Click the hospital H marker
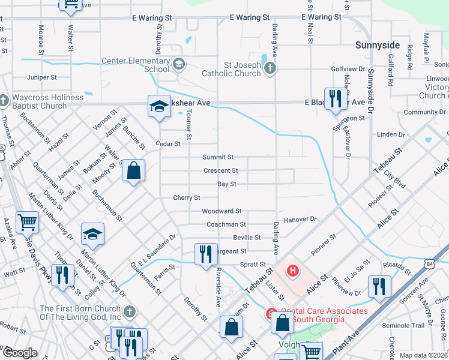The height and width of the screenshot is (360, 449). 292,271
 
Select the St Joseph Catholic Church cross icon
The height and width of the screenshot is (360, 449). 270,68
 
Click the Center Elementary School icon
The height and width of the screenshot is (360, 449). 178,64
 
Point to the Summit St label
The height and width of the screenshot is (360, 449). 217,157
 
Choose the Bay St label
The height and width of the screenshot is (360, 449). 226,184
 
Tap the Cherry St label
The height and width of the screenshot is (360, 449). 186,197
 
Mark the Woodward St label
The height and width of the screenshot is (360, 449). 221,211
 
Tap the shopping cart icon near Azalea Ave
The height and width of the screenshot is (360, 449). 28,222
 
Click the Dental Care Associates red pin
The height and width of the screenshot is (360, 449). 271,314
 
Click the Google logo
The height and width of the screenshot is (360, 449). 19,353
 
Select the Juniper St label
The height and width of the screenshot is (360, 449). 43,77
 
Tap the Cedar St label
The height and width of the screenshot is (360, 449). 168,144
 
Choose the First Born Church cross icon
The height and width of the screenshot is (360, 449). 130,312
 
